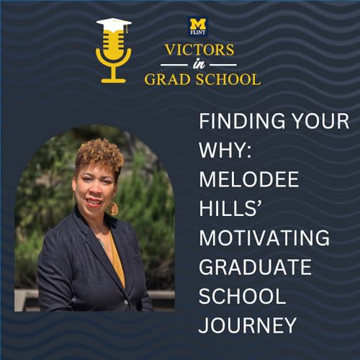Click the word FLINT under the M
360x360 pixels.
click(x=198, y=32)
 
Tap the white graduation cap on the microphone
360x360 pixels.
click(x=114, y=25)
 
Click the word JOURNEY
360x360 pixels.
click(x=248, y=325)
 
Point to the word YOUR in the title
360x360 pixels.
click(x=323, y=120)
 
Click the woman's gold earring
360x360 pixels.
click(x=114, y=208)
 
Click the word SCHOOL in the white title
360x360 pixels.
click(x=242, y=296)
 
